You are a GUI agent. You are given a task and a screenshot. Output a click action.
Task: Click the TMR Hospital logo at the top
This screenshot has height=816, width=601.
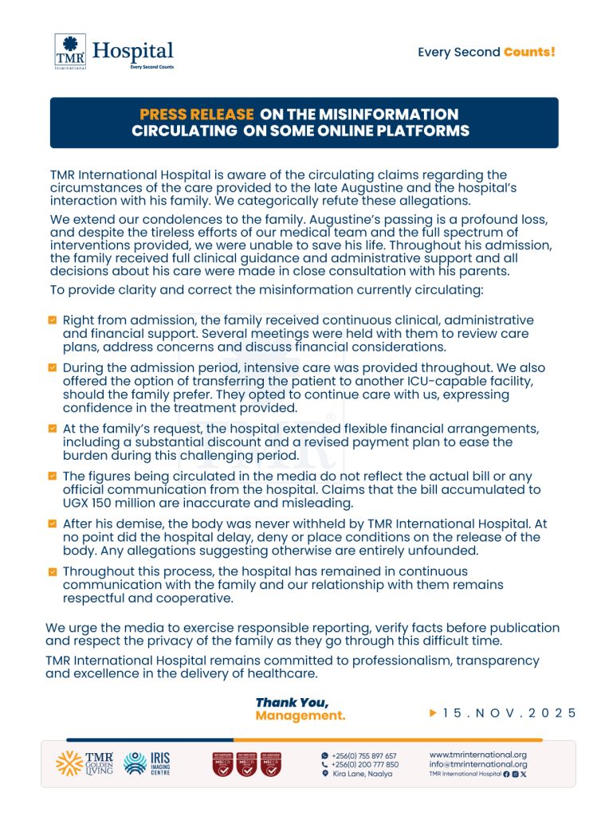(x=113, y=52)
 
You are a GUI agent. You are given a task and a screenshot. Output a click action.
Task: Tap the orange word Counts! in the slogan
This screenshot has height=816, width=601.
(x=529, y=53)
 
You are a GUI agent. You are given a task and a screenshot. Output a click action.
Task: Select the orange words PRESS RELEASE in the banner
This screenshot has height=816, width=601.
(x=197, y=115)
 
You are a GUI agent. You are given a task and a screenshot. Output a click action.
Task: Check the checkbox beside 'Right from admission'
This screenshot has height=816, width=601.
(x=53, y=320)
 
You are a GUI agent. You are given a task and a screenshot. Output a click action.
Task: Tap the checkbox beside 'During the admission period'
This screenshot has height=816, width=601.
(x=53, y=367)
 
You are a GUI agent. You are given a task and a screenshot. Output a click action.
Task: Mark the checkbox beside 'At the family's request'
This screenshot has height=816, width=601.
(x=53, y=428)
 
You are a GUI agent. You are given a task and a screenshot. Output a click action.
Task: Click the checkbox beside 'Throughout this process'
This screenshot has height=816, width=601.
(x=53, y=571)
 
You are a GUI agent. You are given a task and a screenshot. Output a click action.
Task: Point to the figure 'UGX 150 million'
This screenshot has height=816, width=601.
(x=108, y=503)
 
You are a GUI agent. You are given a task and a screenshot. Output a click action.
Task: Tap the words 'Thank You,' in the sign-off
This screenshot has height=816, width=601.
(x=292, y=702)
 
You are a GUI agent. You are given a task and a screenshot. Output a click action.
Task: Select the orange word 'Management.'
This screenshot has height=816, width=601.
(x=300, y=716)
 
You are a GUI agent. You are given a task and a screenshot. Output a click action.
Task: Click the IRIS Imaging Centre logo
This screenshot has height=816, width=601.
(x=147, y=763)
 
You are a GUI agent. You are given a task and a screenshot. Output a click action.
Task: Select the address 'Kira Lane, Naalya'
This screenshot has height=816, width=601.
(x=363, y=774)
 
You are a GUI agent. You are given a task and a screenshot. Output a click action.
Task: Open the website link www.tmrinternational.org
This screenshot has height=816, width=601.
(x=478, y=755)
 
